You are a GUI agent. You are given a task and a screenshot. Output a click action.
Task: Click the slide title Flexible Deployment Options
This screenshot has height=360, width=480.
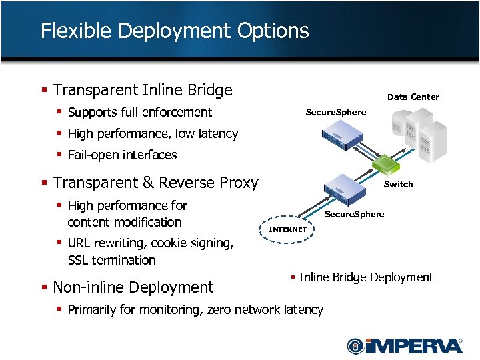click(175, 31)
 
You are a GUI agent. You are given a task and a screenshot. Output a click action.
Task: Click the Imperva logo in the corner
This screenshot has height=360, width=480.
click(404, 345)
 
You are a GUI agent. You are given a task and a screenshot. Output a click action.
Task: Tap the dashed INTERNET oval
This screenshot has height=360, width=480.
click(288, 229)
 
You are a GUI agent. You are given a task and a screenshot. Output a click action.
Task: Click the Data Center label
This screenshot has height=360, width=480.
click(413, 97)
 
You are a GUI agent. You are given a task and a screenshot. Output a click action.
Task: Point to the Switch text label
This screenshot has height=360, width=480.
click(399, 185)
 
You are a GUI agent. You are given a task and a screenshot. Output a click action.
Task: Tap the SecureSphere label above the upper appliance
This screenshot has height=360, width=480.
click(335, 113)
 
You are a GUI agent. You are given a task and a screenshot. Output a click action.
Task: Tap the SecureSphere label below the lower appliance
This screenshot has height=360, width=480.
click(354, 215)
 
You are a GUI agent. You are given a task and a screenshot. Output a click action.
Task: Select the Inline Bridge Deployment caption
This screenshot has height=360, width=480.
click(366, 277)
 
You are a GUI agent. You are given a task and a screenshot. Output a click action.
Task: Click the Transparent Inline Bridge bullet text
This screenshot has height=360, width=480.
click(142, 90)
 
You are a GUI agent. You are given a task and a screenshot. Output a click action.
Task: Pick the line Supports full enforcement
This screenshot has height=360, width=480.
click(139, 113)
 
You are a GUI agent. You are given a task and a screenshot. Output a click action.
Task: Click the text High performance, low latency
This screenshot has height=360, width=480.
click(153, 134)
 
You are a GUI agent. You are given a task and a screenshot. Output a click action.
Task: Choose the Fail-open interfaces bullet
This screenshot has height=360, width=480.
click(122, 155)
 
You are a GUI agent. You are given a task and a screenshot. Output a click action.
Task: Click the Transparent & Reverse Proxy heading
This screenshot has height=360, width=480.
click(155, 183)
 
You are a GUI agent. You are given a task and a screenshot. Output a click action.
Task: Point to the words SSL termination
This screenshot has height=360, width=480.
click(111, 260)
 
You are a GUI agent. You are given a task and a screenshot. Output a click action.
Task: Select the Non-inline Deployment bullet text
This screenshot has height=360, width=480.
click(133, 287)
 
